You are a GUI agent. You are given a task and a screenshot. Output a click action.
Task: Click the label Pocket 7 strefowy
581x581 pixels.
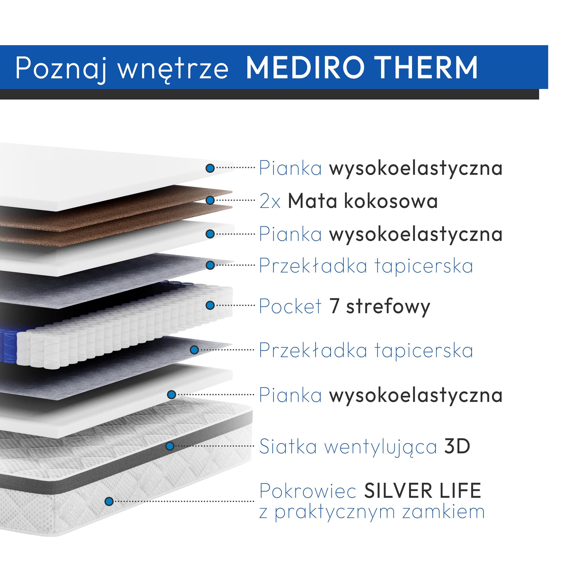coord(344,306)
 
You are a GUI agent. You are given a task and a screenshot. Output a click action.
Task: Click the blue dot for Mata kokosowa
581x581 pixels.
coord(210,200)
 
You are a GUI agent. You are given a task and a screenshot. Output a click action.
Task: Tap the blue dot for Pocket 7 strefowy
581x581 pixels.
coord(210,305)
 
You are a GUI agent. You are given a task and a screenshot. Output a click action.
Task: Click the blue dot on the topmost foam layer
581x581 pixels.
coord(210,168)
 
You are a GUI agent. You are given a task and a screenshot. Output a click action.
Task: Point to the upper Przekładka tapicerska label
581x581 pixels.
coord(366,266)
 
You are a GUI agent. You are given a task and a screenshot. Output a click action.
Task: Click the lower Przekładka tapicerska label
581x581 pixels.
coord(366,350)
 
